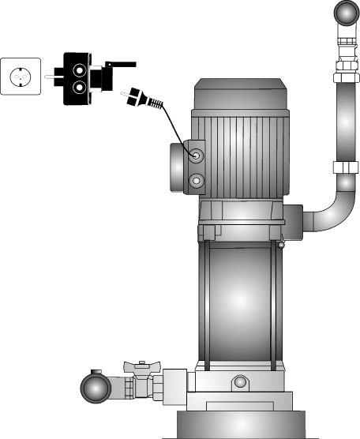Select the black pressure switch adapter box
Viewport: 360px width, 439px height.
tap(79, 78)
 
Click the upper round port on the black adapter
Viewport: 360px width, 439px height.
tap(80, 69)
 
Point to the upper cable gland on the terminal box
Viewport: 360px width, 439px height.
tap(196, 155)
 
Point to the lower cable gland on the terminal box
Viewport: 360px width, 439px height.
tap(196, 182)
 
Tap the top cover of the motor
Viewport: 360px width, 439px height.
tap(240, 93)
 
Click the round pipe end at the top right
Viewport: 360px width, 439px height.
tap(345, 14)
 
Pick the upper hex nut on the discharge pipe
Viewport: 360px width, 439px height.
tap(346, 77)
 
